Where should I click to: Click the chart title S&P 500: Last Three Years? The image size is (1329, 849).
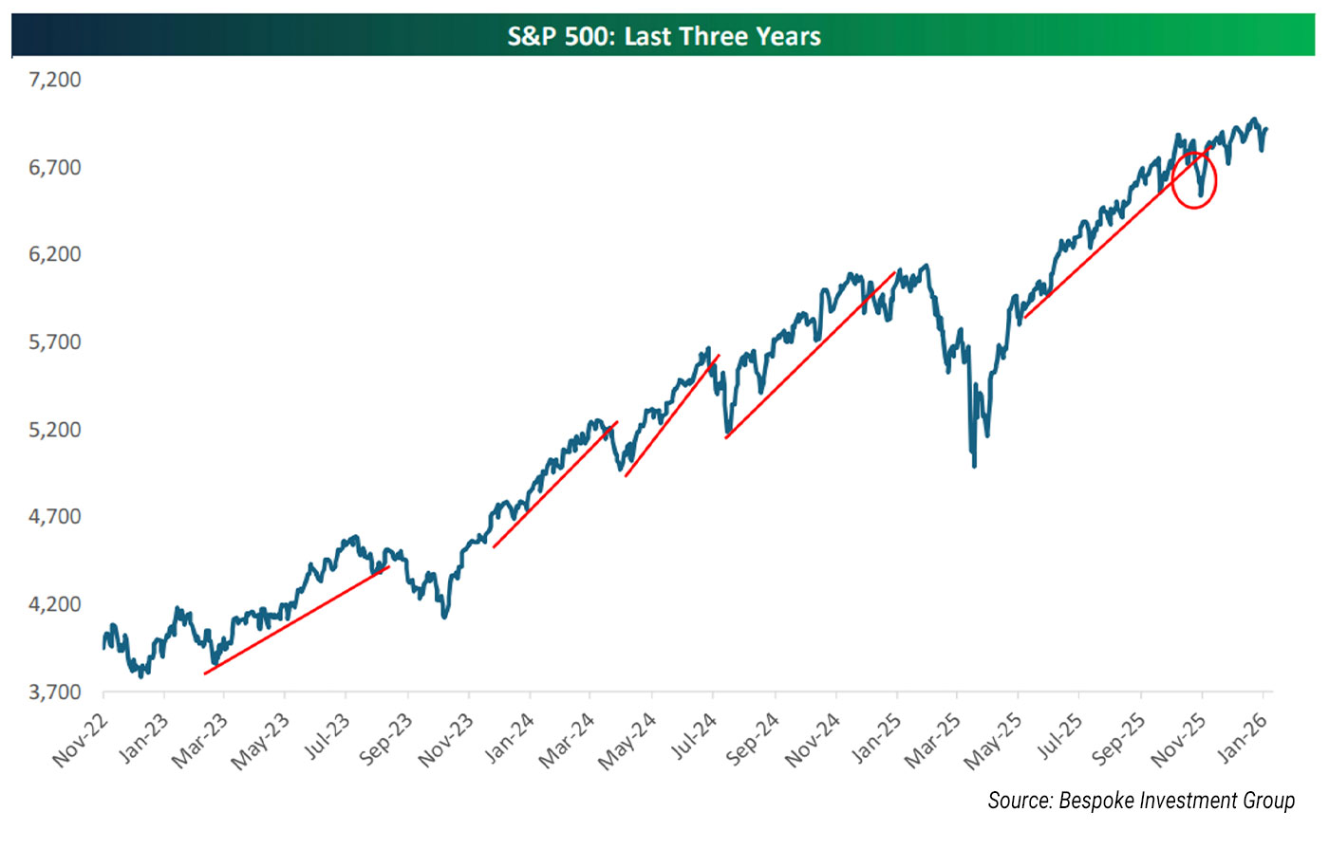(x=664, y=36)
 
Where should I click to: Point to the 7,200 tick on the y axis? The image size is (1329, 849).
(x=55, y=80)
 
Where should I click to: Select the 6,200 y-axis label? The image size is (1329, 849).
(x=55, y=254)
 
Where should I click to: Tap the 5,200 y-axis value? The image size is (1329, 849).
(x=55, y=430)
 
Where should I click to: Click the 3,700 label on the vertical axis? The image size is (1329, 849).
(x=55, y=692)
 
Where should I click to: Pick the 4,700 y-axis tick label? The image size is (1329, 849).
(x=55, y=517)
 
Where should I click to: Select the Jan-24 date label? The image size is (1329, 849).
(x=509, y=740)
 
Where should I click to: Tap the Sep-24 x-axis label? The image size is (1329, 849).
(x=753, y=740)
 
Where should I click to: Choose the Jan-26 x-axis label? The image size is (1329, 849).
(x=1242, y=738)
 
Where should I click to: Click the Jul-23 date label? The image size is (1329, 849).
(x=326, y=738)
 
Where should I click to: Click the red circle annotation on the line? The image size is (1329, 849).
(x=1193, y=179)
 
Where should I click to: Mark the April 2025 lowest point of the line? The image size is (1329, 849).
(x=974, y=465)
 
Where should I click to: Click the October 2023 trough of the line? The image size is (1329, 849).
(x=444, y=617)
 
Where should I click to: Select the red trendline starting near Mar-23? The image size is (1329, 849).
(x=296, y=620)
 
